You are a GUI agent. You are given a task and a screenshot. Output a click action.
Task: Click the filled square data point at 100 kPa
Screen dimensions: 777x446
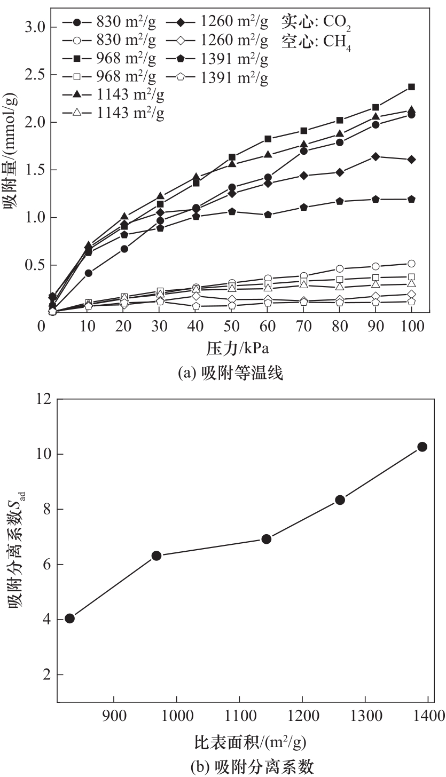tap(411, 87)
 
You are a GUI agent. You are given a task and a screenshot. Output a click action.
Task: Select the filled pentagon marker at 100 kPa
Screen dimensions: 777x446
tap(411, 199)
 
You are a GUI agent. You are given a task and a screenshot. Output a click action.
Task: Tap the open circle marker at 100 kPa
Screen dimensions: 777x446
tap(411, 264)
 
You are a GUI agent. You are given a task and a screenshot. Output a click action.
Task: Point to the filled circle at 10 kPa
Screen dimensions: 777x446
tap(89, 273)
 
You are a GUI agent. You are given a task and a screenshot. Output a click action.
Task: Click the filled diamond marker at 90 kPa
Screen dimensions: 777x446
tap(375, 157)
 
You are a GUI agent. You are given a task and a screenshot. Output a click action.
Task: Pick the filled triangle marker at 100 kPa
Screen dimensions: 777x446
tap(411, 110)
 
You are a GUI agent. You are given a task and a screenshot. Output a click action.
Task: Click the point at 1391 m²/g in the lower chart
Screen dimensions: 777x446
tap(422, 447)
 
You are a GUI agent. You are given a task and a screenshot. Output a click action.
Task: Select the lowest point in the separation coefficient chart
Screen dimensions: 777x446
tap(69, 619)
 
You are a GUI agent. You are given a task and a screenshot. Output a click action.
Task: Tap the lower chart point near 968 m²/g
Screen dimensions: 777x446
tap(157, 556)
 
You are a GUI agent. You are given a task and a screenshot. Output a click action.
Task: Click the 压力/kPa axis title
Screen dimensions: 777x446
tap(238, 350)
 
